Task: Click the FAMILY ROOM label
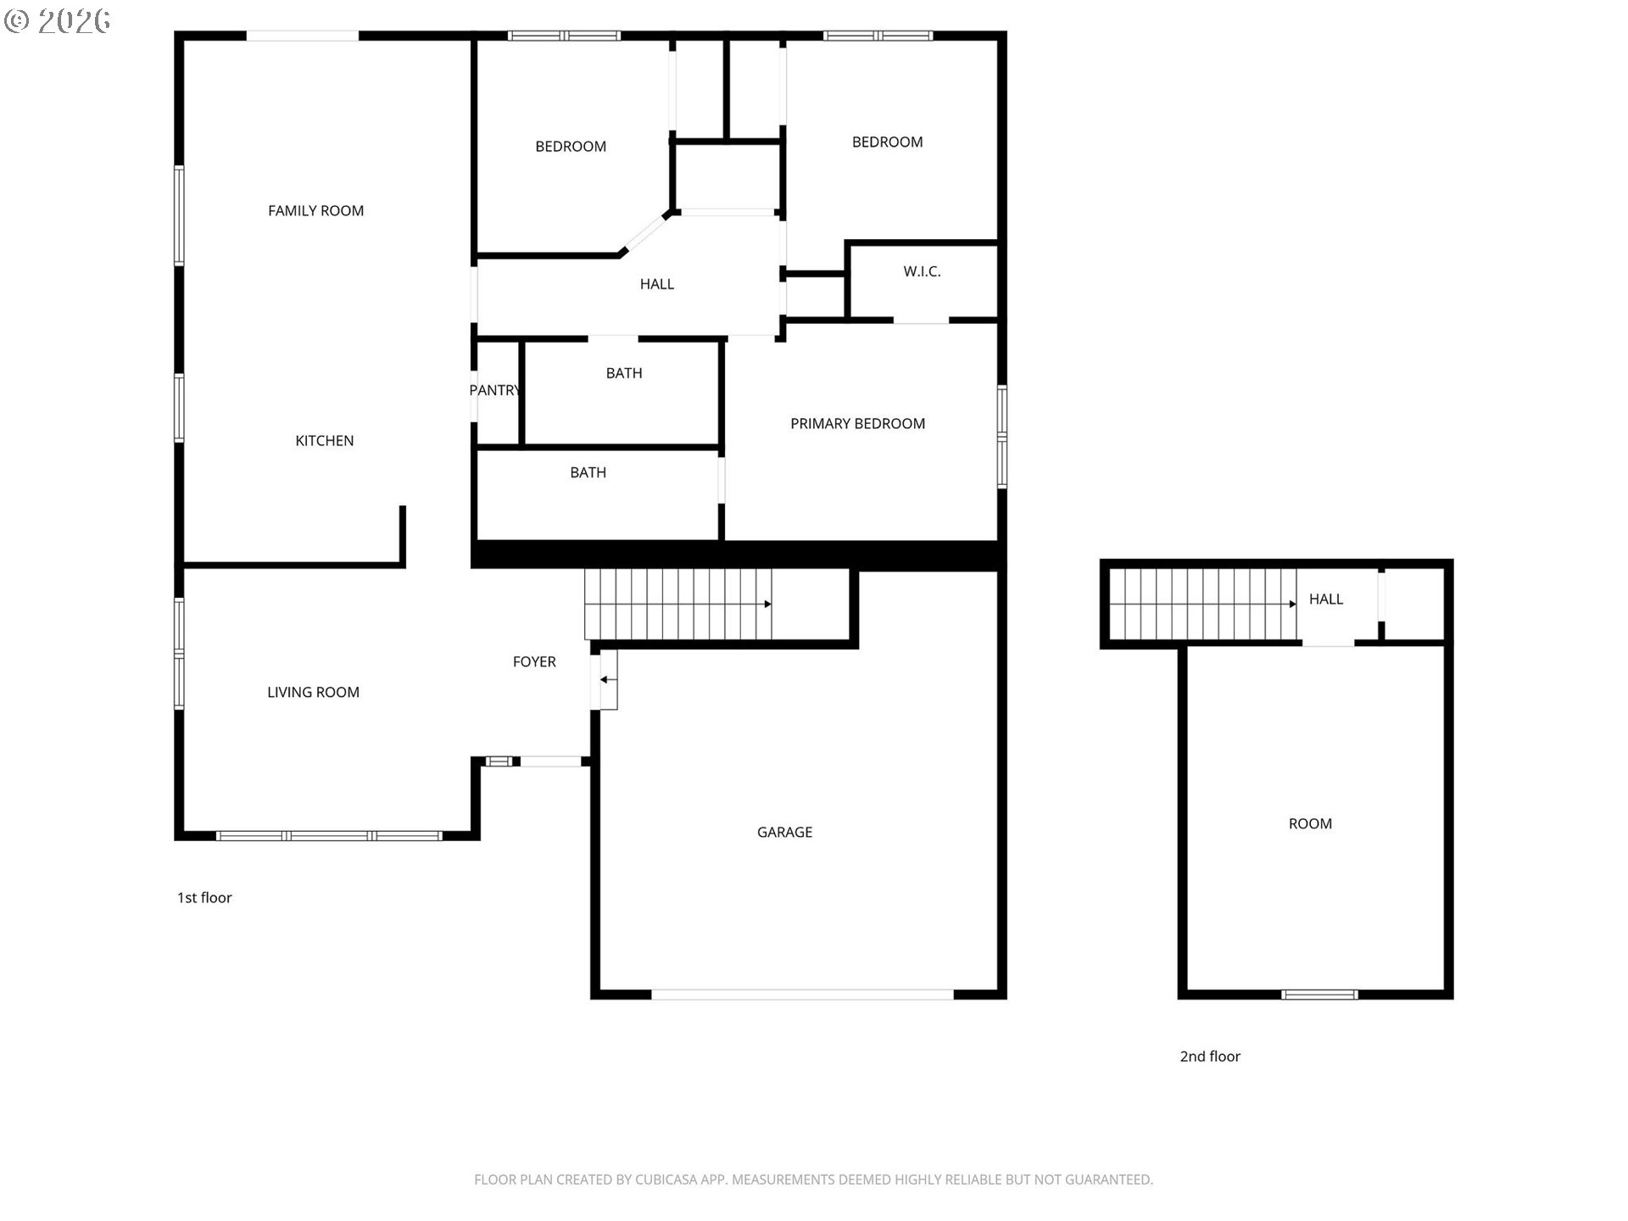point(315,210)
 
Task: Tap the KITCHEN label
point(324,440)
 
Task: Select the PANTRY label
point(494,390)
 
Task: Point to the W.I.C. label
point(922,271)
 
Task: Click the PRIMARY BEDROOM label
point(857,423)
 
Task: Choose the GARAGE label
point(784,832)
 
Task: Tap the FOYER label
point(534,661)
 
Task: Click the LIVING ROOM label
point(313,692)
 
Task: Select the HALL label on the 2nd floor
point(1325,599)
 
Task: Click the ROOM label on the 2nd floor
point(1310,823)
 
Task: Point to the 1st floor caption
point(203,897)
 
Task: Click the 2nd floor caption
point(1210,1056)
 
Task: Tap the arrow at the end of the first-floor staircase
point(767,604)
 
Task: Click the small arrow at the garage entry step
point(605,679)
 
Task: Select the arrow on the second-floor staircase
point(1292,604)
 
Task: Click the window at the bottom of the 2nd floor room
point(1319,995)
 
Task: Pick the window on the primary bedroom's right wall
point(1001,436)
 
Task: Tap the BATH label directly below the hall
point(623,373)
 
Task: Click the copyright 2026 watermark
point(58,20)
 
